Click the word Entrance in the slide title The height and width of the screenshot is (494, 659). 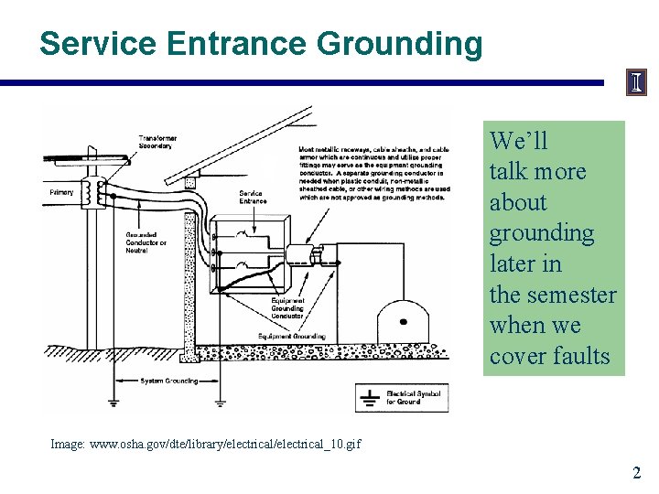click(x=236, y=43)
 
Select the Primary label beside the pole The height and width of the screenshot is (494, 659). click(x=61, y=193)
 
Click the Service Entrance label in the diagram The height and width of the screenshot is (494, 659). click(x=252, y=197)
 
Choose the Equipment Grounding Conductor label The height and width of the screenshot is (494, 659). click(x=287, y=309)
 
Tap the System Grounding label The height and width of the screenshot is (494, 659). click(x=169, y=381)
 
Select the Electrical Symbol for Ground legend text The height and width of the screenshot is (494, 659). click(x=413, y=397)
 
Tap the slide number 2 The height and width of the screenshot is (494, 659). click(x=636, y=473)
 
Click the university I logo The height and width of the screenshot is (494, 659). click(x=636, y=83)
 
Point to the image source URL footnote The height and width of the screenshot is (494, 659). click(x=206, y=444)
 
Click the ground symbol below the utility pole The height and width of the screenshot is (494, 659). click(x=112, y=401)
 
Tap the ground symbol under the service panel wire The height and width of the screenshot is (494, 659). click(x=220, y=400)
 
